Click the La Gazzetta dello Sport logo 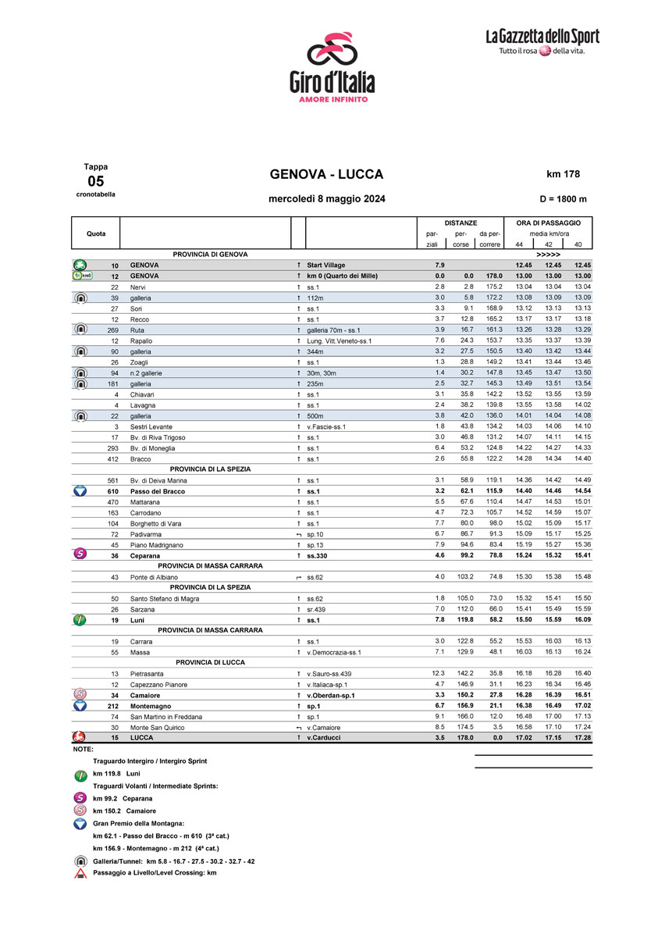coord(542,41)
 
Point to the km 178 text coord(563,174)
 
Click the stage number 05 coord(95,180)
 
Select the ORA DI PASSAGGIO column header coord(548,223)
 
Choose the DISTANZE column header coord(461,223)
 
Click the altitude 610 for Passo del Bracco coord(112,490)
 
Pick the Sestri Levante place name coord(151,426)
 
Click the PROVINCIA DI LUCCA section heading coord(210,662)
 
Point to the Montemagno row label coord(151,706)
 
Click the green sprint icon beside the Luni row coord(80,619)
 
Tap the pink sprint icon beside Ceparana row coord(80,554)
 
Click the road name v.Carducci coord(323,737)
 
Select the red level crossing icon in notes coord(80,873)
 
